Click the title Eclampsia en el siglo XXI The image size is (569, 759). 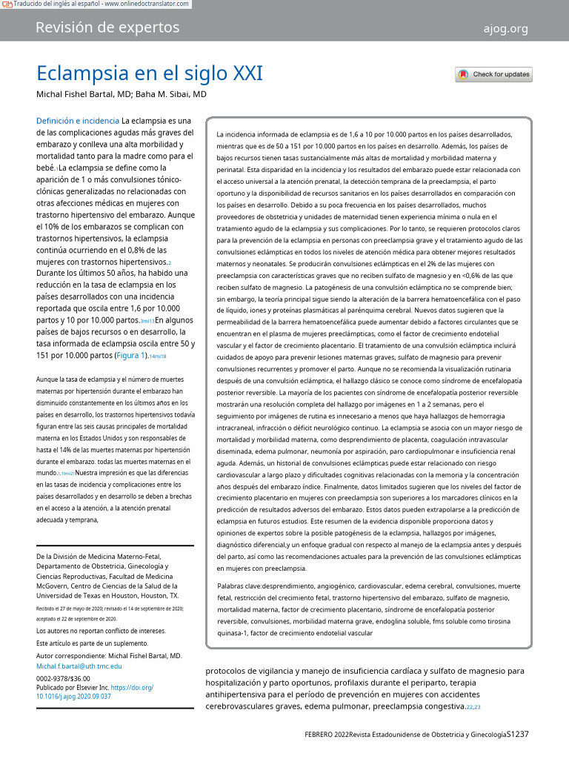150,74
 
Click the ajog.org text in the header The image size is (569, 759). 505,29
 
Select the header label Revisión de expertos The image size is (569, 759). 107,28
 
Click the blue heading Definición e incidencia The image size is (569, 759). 77,120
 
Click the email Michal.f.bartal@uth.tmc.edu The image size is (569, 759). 79,666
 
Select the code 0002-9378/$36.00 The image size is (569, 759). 63,678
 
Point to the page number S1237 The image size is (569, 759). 517,734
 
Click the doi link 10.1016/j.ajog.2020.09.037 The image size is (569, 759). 73,697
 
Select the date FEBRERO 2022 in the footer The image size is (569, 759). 331,735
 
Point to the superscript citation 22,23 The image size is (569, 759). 473,708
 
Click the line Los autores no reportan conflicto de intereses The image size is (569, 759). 101,631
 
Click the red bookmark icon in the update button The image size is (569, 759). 463,74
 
